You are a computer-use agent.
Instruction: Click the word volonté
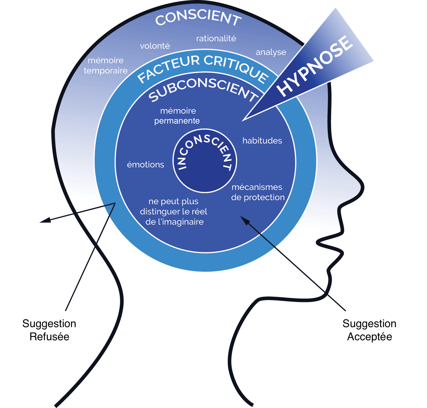155,46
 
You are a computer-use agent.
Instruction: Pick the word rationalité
216,38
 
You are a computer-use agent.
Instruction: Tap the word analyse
271,52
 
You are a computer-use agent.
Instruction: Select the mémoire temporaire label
106,65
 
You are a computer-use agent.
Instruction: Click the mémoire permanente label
177,116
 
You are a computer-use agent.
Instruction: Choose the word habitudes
262,141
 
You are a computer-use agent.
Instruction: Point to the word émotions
145,165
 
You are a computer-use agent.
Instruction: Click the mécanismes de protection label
258,192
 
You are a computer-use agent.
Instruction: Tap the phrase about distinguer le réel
174,212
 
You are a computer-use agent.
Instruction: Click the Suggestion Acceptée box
369,330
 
